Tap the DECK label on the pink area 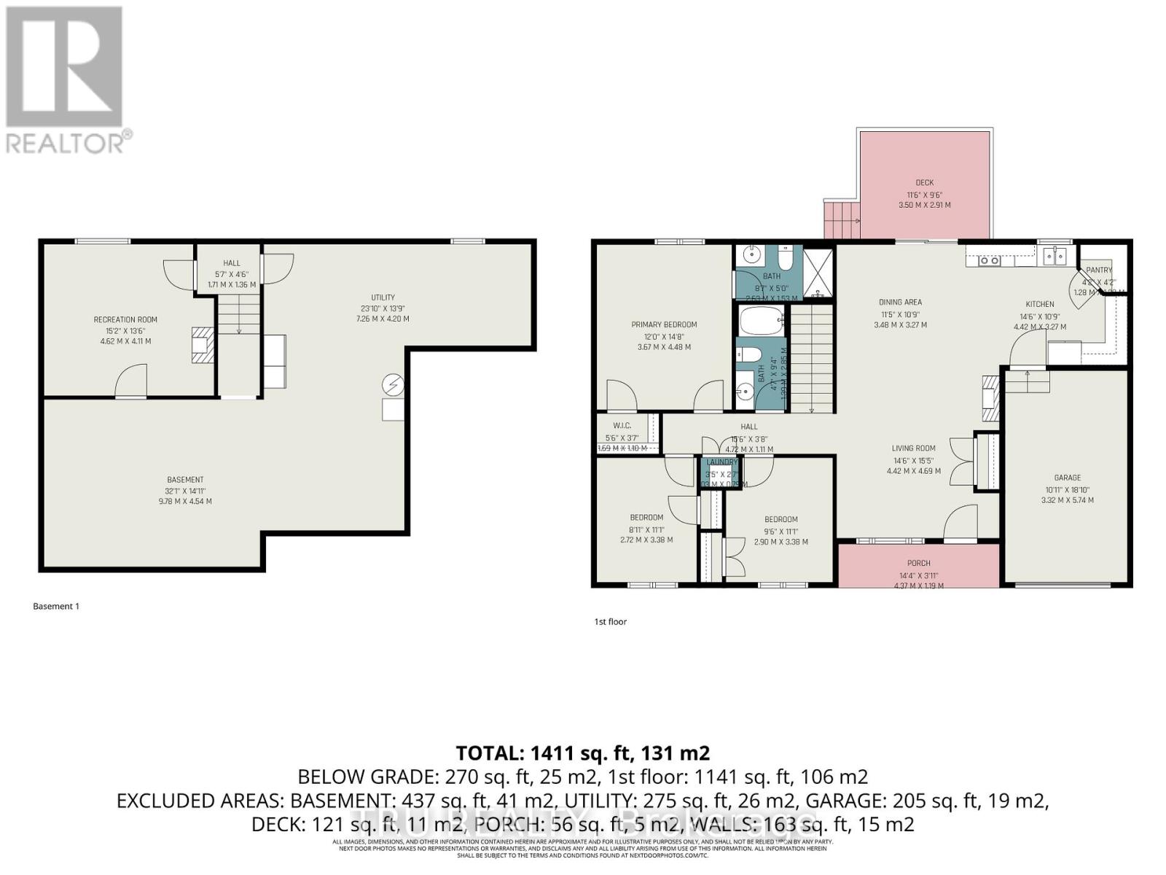[924, 183]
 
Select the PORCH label [918, 563]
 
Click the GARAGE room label [1067, 478]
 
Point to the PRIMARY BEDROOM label [664, 324]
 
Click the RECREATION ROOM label [125, 319]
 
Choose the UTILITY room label [383, 297]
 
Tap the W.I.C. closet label [622, 425]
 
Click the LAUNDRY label [721, 462]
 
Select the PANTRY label [1099, 270]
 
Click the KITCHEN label [1040, 304]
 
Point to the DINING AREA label [900, 302]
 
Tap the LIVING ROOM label [913, 448]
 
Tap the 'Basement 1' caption [56, 606]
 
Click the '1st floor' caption [610, 622]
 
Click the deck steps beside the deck [842, 217]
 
